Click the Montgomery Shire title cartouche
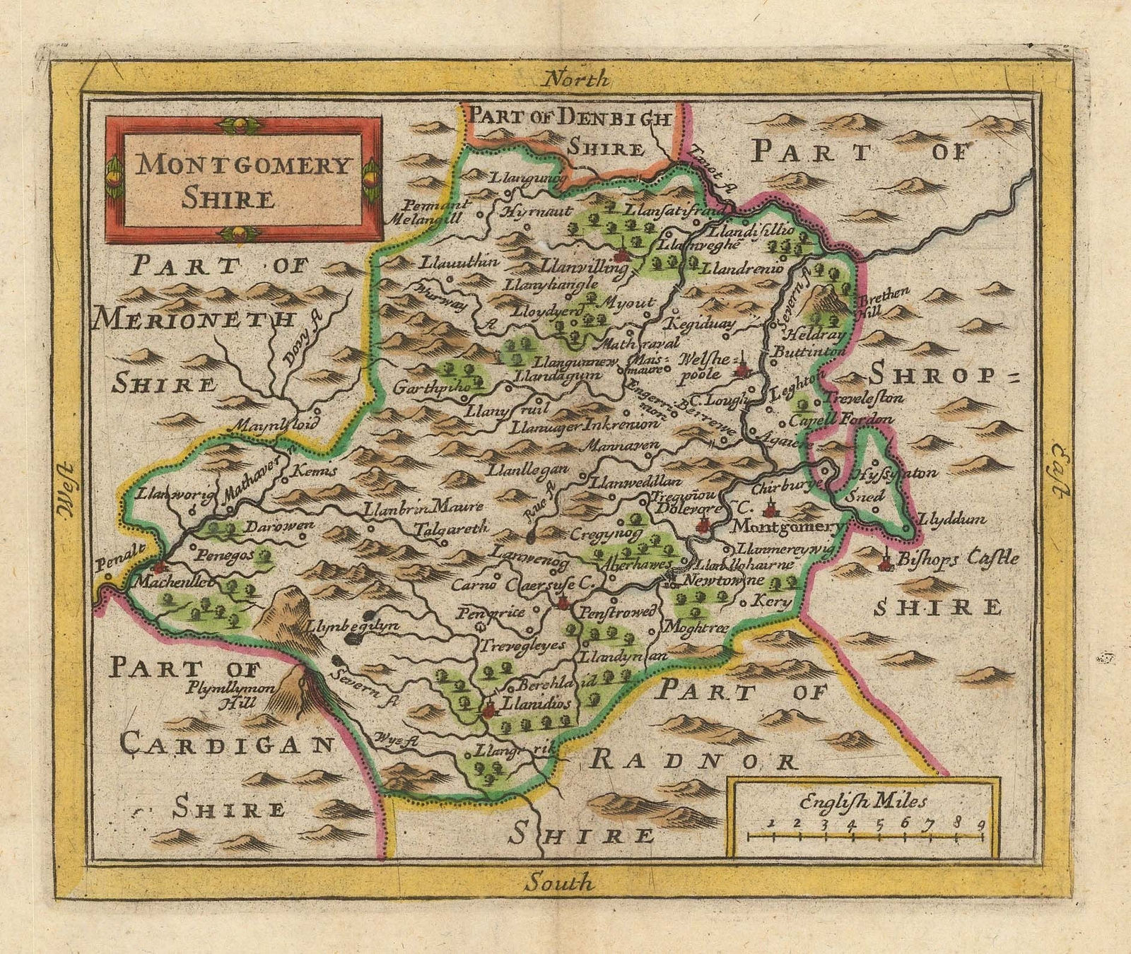[x=244, y=178]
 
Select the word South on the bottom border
[x=561, y=882]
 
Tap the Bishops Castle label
[x=958, y=558]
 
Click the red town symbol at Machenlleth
[x=160, y=567]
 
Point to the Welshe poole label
[x=702, y=366]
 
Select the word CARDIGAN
[x=226, y=743]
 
